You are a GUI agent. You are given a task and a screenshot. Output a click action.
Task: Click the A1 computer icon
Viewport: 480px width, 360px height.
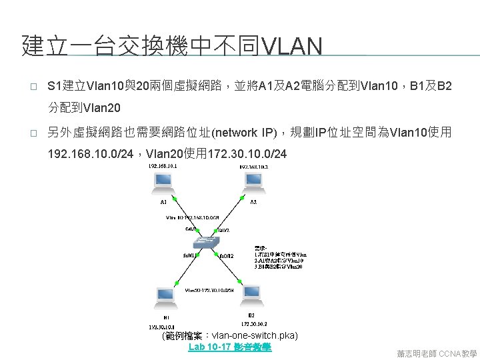(x=163, y=183)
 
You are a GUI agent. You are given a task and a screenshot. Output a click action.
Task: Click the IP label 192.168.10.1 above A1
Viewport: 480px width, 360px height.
(x=163, y=167)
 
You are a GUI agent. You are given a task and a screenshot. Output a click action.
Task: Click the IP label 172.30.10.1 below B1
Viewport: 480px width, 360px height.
(x=163, y=327)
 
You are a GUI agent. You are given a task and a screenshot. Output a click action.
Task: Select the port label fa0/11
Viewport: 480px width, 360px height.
(x=189, y=254)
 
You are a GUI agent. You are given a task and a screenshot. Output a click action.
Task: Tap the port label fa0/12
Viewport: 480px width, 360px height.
(x=227, y=254)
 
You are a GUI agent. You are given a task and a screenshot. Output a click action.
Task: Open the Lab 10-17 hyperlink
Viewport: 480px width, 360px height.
(x=230, y=347)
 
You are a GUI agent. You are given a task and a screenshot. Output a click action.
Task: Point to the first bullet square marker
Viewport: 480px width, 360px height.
(x=25, y=87)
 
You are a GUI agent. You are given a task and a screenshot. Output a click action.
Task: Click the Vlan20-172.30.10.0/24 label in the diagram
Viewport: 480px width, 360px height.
(x=209, y=289)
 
